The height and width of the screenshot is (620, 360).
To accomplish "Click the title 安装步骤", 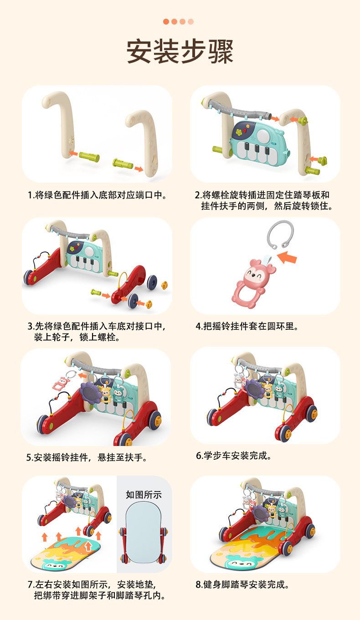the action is [180, 51].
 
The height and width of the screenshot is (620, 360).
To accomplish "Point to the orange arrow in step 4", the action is [287, 257].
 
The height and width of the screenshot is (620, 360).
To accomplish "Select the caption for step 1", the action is [98, 195].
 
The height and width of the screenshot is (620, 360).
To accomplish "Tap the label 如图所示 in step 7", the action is [144, 495].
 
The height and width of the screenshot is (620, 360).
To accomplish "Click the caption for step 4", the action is [247, 326].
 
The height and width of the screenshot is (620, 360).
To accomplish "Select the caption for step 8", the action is [242, 584].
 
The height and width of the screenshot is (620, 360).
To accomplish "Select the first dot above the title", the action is [166, 21].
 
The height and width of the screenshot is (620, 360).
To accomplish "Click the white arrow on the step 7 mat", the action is [88, 546].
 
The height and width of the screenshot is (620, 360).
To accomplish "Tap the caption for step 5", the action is [87, 457].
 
